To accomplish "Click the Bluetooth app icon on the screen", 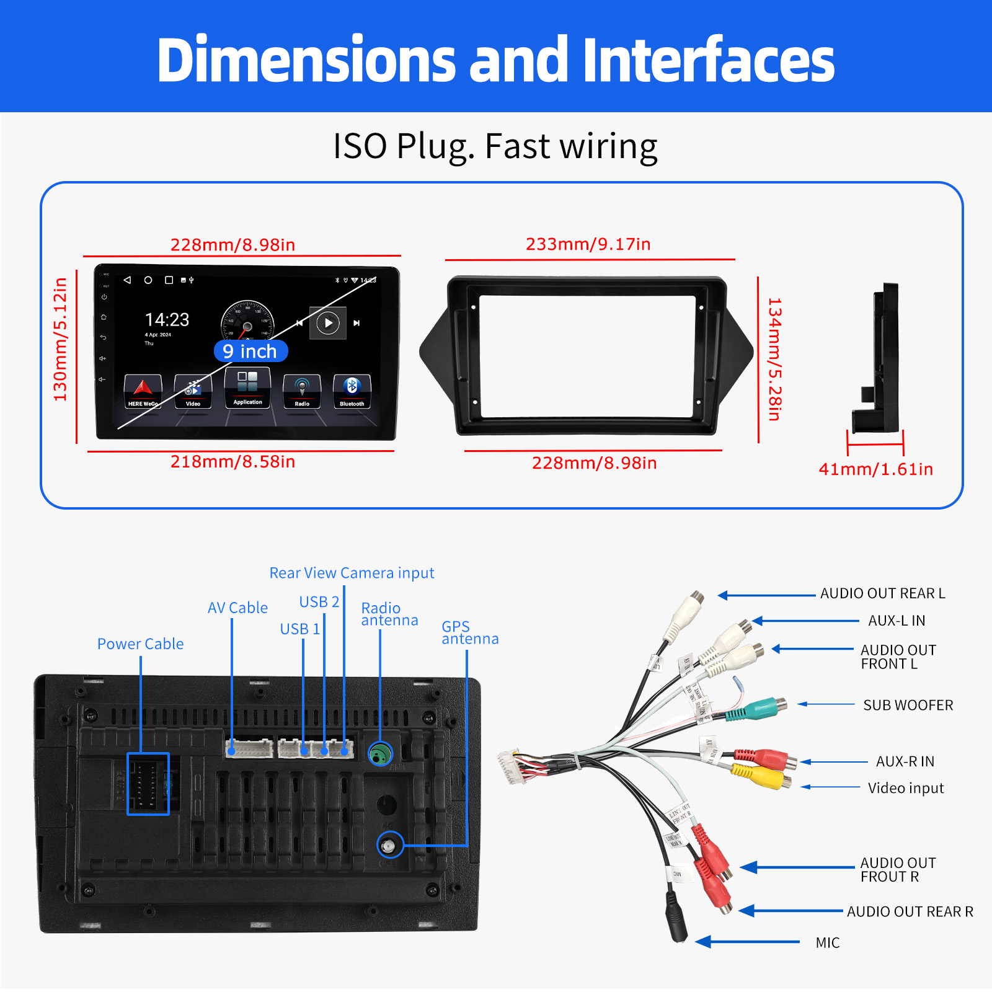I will point(352,391).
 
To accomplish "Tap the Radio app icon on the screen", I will point(302,391).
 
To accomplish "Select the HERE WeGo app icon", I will point(143,391).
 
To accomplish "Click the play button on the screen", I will point(328,323).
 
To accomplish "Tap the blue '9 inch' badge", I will point(250,351).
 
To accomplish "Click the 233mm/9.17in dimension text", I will point(588,244).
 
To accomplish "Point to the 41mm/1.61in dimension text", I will point(875,469).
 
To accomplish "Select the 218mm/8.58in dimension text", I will point(232,462).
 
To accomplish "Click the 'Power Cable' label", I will point(140,644).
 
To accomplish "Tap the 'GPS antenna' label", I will point(469,632).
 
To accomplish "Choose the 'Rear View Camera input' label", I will point(352,573).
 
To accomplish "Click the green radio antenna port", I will point(380,754).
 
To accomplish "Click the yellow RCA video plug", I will point(759,775).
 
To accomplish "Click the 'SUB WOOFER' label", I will point(908,705).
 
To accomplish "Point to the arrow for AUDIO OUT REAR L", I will point(766,595).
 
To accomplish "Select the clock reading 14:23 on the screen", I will point(167,320).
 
